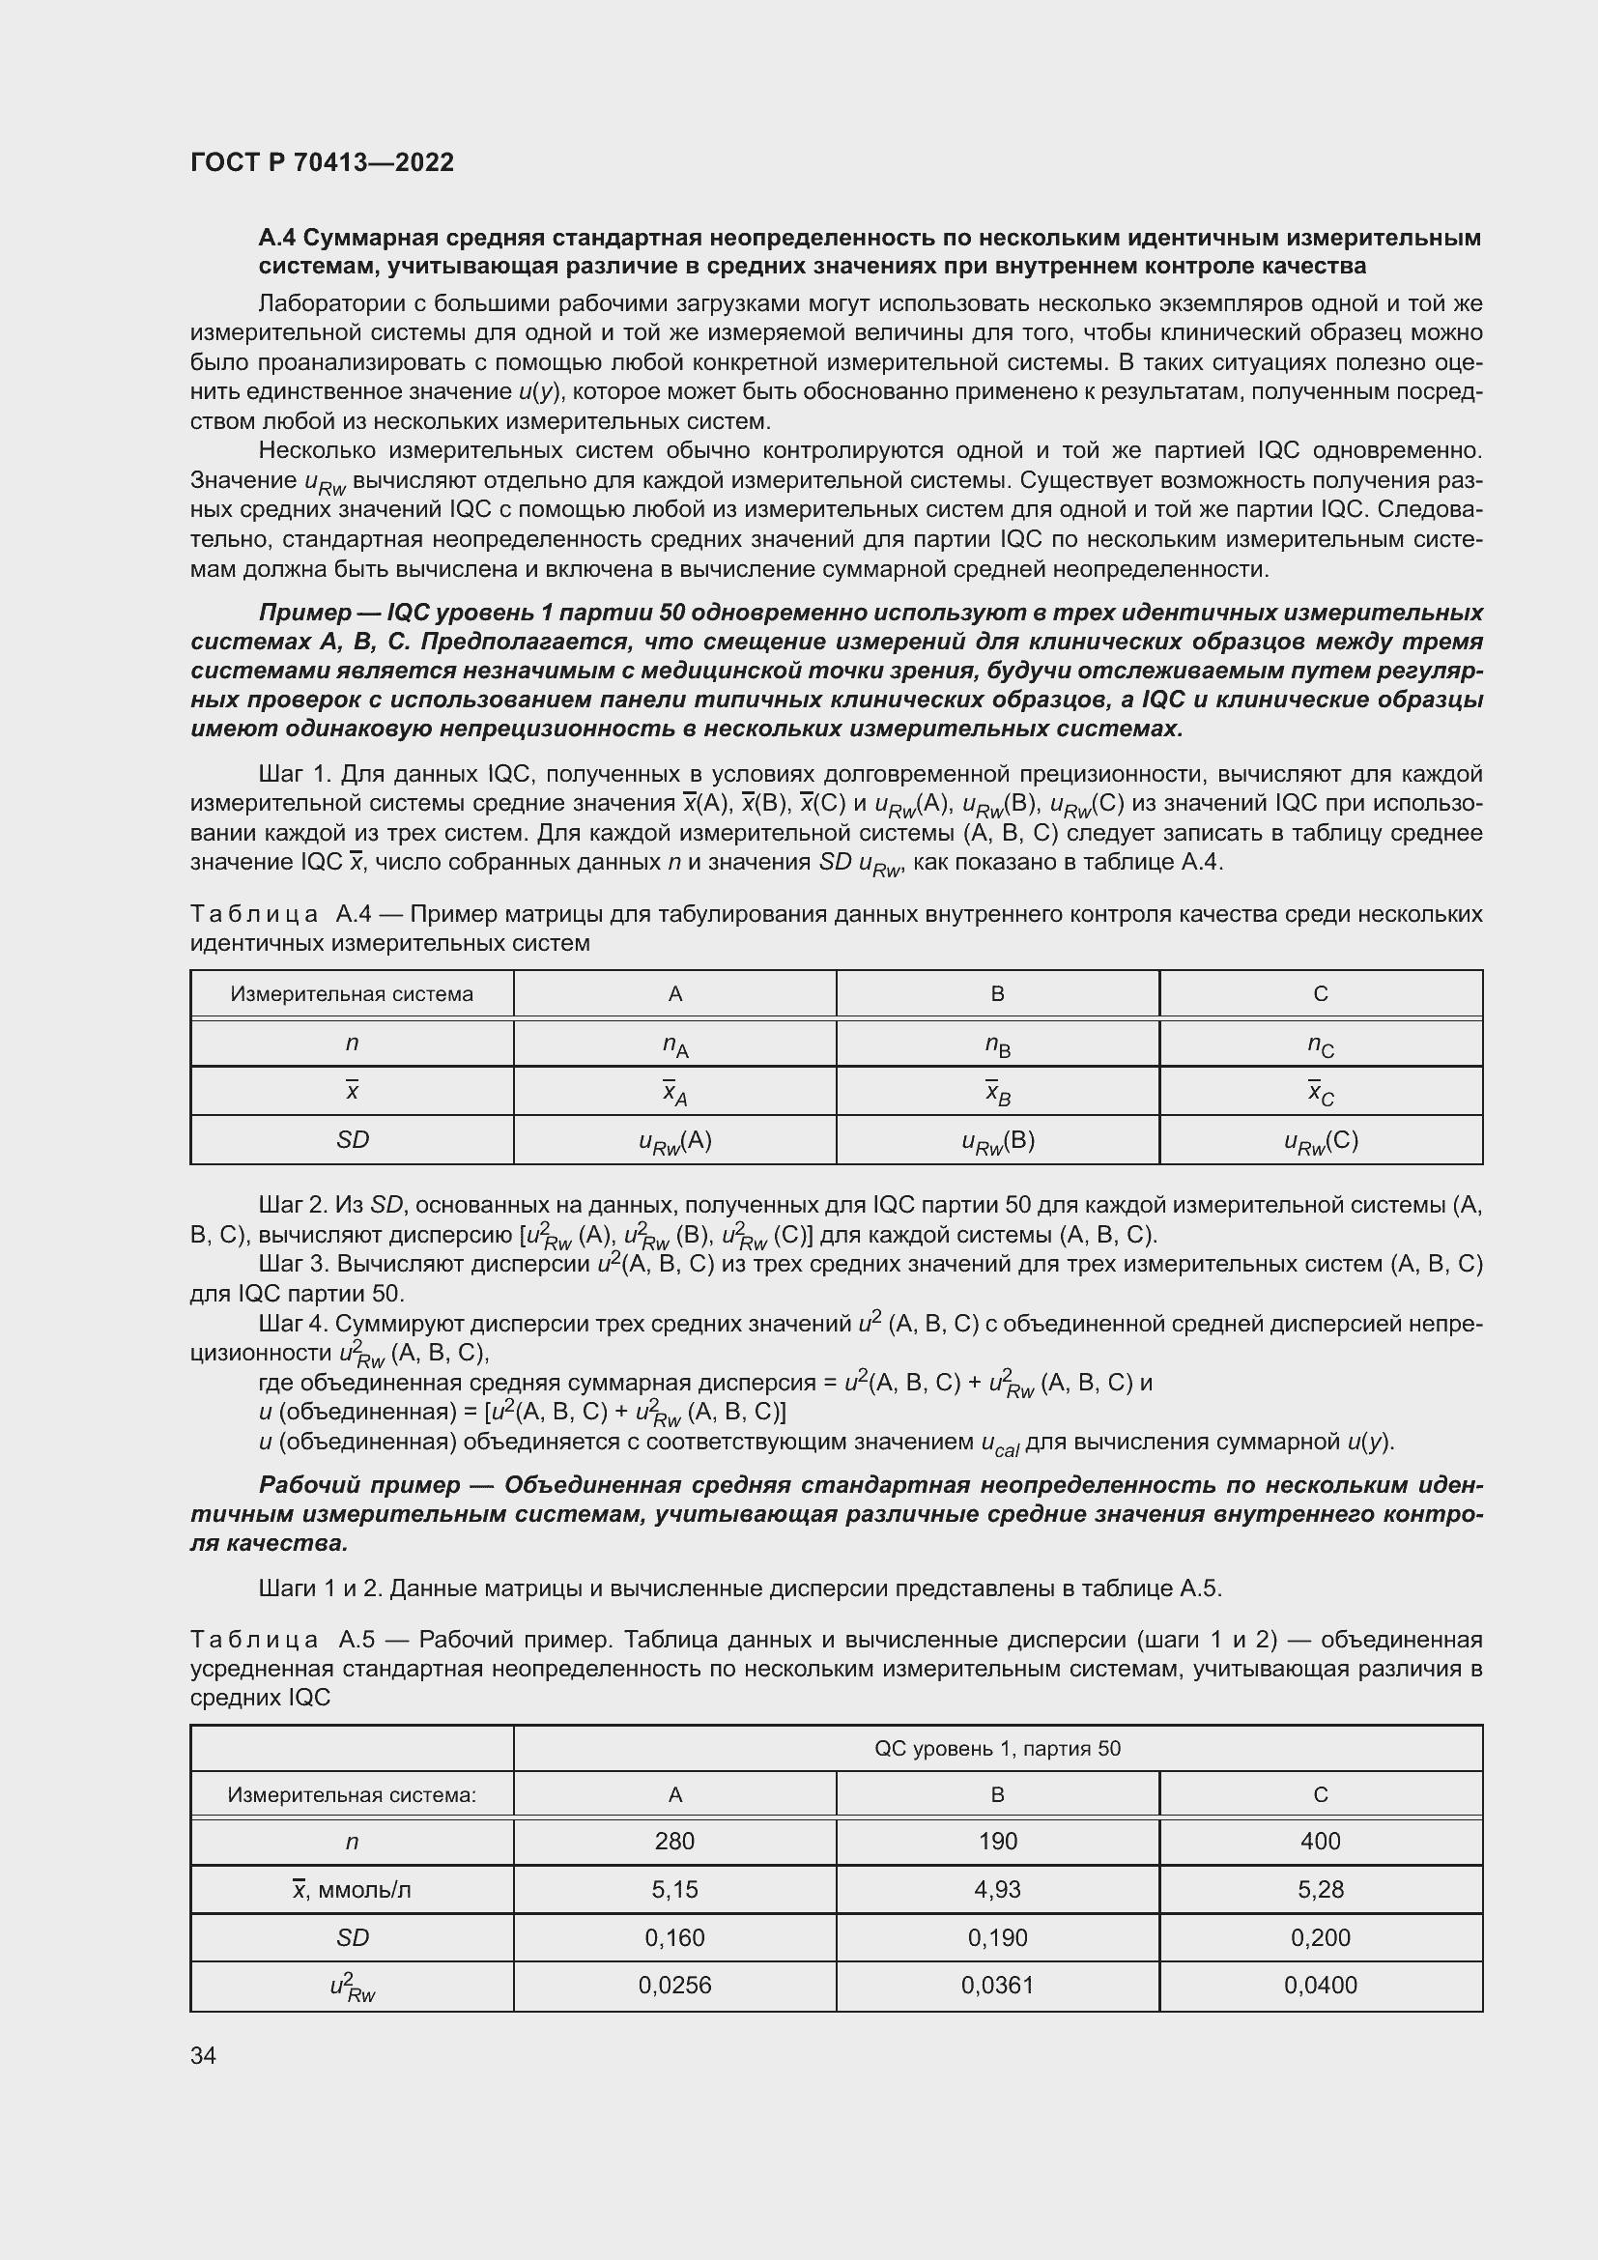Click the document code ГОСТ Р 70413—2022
pyautogui.click(x=322, y=162)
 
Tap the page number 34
pyautogui.click(x=203, y=2055)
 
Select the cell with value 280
pyautogui.click(x=674, y=1841)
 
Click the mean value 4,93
pyautogui.click(x=997, y=1889)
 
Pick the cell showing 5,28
pyautogui.click(x=1320, y=1889)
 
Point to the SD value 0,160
pyautogui.click(x=674, y=1937)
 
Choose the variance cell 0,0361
pyautogui.click(x=997, y=1985)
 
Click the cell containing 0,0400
pyautogui.click(x=1320, y=1985)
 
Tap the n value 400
pyautogui.click(x=1320, y=1841)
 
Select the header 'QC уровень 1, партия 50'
pyautogui.click(x=997, y=1748)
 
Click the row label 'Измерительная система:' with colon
pyautogui.click(x=352, y=1794)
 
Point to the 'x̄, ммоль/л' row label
pyautogui.click(x=352, y=1889)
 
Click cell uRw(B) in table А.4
pyautogui.click(x=997, y=1141)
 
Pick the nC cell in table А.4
pyautogui.click(x=1320, y=1045)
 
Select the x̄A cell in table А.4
pyautogui.click(x=674, y=1093)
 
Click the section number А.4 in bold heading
pyautogui.click(x=277, y=239)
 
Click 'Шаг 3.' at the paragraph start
pyautogui.click(x=292, y=1264)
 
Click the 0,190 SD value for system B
pyautogui.click(x=997, y=1937)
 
